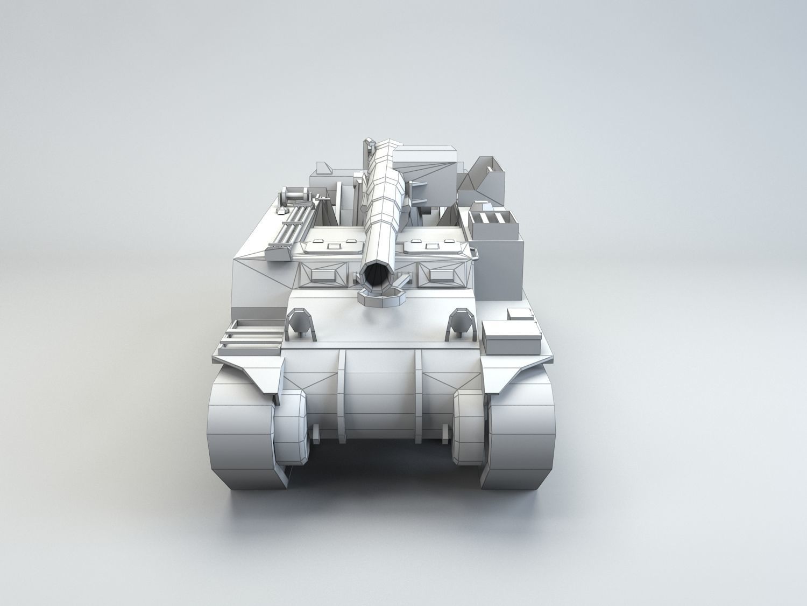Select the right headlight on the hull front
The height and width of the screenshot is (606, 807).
pyautogui.click(x=461, y=323)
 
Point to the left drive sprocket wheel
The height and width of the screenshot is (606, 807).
pyautogui.click(x=291, y=426)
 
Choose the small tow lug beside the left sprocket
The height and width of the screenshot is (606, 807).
pyautogui.click(x=316, y=431)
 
